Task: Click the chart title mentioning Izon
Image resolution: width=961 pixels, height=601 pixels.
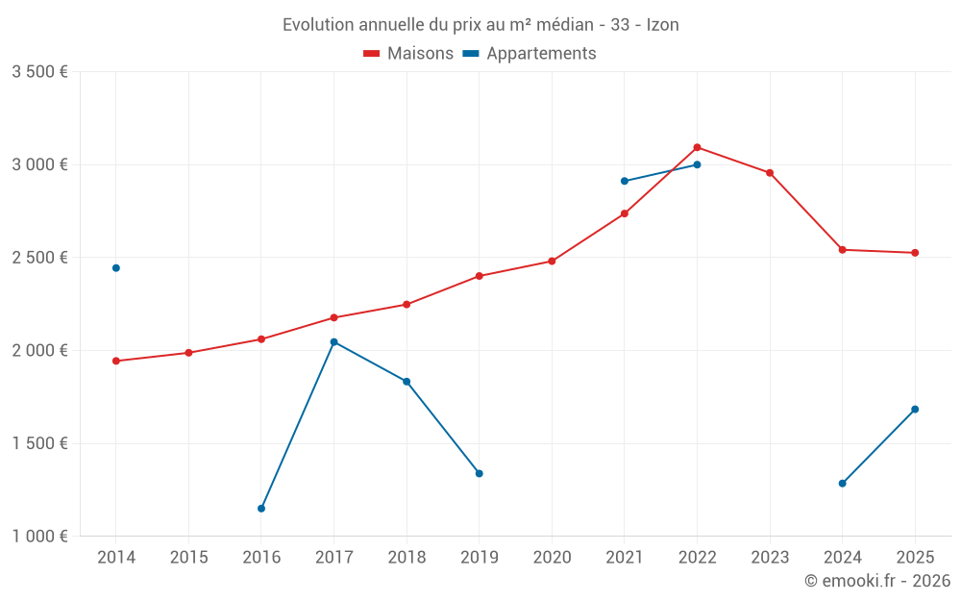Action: (480, 25)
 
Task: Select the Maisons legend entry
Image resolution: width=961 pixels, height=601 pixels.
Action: (408, 54)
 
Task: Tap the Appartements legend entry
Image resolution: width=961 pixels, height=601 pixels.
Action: (530, 54)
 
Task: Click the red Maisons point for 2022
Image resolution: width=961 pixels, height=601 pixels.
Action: (697, 147)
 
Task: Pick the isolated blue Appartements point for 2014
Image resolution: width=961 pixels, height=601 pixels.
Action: (116, 268)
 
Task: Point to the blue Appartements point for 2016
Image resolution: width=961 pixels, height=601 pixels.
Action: (261, 509)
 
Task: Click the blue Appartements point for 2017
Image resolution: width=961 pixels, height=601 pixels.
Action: (333, 342)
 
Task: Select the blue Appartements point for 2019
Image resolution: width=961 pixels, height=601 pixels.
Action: (480, 473)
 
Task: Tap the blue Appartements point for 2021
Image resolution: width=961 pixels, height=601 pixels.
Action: (625, 181)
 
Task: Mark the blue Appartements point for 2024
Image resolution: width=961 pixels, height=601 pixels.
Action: (843, 484)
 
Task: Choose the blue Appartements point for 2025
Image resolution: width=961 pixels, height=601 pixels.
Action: (915, 410)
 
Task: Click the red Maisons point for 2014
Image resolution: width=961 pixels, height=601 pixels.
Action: (116, 361)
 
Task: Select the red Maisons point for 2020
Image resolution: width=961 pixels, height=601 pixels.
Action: (552, 262)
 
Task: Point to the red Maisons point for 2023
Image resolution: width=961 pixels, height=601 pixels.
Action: (770, 173)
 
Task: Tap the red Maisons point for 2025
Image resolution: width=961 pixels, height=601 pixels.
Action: (915, 253)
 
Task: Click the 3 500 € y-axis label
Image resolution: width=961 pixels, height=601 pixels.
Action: (39, 72)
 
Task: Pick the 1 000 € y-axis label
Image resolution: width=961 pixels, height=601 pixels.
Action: (39, 537)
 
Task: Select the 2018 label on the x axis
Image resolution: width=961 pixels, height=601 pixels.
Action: (407, 558)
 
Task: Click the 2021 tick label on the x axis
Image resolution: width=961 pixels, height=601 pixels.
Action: (625, 558)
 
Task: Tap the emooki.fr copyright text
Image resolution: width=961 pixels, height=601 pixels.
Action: (876, 581)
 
